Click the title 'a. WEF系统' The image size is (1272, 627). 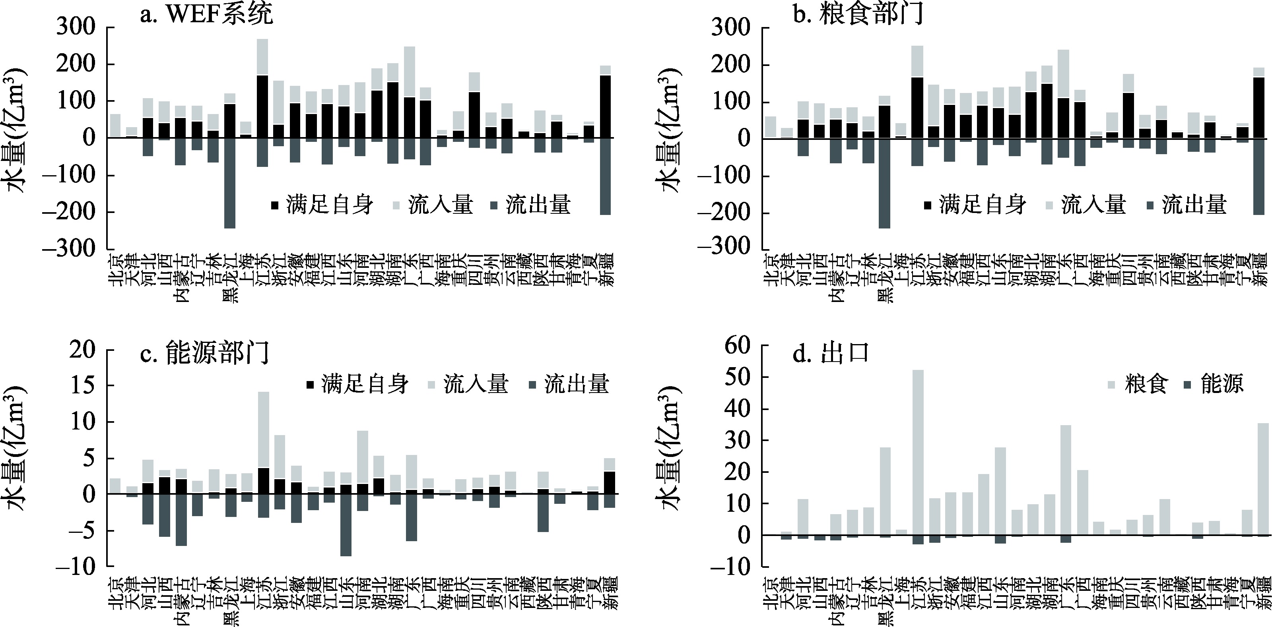click(x=206, y=14)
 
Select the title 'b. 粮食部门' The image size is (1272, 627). click(x=858, y=14)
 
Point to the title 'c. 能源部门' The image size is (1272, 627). click(x=204, y=353)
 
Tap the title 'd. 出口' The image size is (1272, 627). click(x=831, y=353)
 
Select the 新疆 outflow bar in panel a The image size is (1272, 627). click(x=605, y=176)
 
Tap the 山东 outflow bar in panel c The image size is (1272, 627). click(x=346, y=525)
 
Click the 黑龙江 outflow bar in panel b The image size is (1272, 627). click(x=884, y=184)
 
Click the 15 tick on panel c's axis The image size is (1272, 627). click(x=82, y=386)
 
